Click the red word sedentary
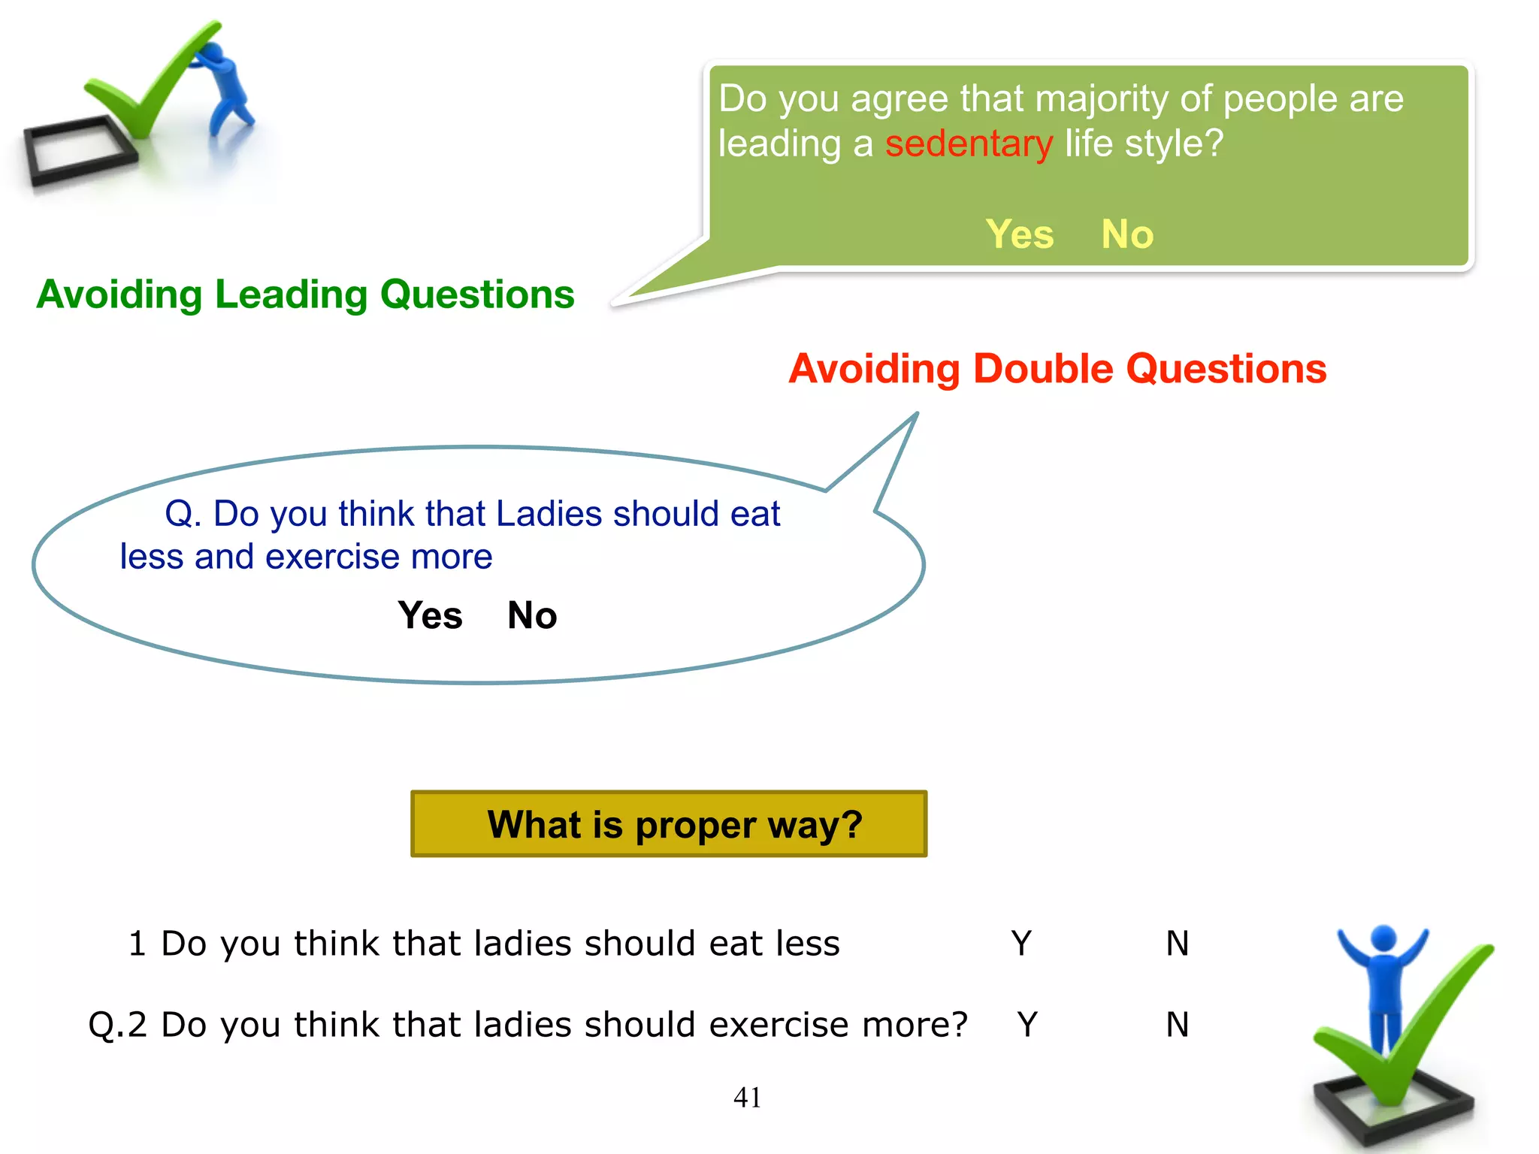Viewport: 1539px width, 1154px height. coord(969,143)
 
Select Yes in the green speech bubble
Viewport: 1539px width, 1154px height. coord(1019,234)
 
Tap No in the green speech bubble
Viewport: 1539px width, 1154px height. coord(1127,234)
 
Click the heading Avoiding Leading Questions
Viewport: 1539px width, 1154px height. coord(305,295)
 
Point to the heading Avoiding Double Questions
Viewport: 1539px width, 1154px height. coord(1057,369)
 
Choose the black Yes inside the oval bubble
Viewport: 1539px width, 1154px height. coord(430,615)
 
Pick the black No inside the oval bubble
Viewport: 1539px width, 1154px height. coord(532,615)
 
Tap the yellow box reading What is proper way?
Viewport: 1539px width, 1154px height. coord(669,824)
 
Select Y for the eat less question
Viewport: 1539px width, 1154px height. coord(1021,944)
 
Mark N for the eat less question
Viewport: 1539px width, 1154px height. coord(1178,944)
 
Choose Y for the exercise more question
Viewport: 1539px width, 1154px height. coord(1027,1025)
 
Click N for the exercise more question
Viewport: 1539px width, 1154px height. coord(1178,1025)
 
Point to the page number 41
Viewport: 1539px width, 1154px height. coord(747,1098)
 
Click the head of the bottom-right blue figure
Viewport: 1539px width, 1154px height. coord(1383,938)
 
